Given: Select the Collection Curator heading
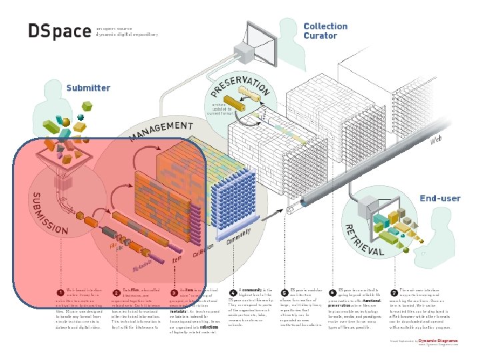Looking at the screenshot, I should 325,31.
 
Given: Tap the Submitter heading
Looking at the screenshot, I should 88,88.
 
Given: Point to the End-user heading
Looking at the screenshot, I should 439,198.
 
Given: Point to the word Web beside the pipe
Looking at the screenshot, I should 436,139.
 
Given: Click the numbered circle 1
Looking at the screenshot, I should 61,291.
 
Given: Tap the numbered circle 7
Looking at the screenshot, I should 393,291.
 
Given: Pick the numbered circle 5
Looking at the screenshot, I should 285,291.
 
